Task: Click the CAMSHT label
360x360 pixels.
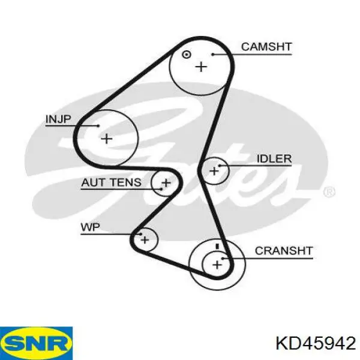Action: pyautogui.click(x=266, y=47)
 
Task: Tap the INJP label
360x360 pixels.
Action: pyautogui.click(x=59, y=119)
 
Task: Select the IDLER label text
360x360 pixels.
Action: pyautogui.click(x=274, y=158)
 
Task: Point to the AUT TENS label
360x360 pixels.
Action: pyautogui.click(x=111, y=182)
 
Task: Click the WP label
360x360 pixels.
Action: pyautogui.click(x=91, y=227)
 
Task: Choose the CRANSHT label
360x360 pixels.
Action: pyautogui.click(x=284, y=251)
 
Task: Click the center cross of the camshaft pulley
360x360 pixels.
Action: pyautogui.click(x=201, y=67)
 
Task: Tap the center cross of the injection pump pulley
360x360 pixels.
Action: pyautogui.click(x=107, y=139)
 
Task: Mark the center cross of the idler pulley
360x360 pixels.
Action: pyautogui.click(x=214, y=171)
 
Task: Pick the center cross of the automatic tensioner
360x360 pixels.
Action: pyautogui.click(x=166, y=183)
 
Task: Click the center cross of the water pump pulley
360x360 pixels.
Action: pyautogui.click(x=145, y=240)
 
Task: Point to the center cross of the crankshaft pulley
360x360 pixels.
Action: pyautogui.click(x=217, y=265)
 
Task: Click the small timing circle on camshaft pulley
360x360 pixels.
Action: pyautogui.click(x=186, y=55)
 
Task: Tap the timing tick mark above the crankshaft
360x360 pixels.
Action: pyautogui.click(x=217, y=247)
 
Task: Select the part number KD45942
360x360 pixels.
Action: pyautogui.click(x=316, y=344)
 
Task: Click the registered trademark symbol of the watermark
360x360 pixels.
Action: pyautogui.click(x=329, y=192)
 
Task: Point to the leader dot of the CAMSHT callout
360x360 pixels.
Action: pyautogui.click(x=213, y=55)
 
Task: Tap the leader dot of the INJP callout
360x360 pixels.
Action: pyautogui.click(x=98, y=125)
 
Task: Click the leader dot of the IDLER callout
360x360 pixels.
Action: pyautogui.click(x=220, y=166)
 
